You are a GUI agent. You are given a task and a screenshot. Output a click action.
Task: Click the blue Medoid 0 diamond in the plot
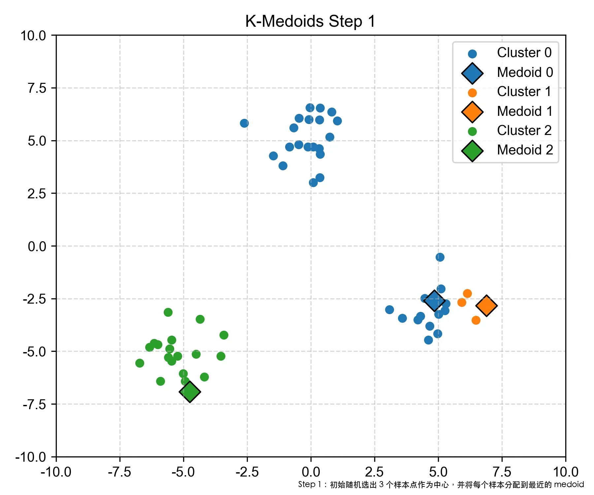[434, 301]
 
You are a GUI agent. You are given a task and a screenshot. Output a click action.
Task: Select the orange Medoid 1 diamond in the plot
[486, 306]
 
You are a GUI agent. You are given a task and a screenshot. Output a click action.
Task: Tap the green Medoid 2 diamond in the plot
[190, 392]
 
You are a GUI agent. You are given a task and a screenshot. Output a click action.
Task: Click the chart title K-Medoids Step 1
[310, 21]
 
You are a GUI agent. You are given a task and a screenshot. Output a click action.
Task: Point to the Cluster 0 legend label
[524, 53]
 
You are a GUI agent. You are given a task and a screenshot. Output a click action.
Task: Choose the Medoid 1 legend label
[525, 111]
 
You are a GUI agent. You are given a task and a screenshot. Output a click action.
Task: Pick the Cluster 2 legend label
[524, 131]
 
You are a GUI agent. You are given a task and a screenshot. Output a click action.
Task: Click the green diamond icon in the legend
[472, 151]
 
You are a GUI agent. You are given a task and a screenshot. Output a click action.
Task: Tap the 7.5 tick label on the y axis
[37, 88]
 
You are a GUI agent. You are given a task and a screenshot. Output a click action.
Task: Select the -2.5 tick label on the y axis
[35, 299]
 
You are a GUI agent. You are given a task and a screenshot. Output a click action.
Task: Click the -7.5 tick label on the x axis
[119, 472]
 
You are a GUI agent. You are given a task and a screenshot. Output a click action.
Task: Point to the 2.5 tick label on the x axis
[374, 472]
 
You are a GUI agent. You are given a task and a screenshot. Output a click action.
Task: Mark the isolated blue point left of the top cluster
[244, 123]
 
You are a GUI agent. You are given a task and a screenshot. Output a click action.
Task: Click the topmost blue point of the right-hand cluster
[440, 257]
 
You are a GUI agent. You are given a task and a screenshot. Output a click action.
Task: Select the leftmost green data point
[140, 363]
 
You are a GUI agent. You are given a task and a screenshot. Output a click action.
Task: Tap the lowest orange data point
[476, 320]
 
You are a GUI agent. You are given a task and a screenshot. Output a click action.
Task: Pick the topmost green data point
[168, 312]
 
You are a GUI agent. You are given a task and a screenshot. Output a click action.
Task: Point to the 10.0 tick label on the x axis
[565, 472]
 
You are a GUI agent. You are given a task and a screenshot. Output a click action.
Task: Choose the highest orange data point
[467, 293]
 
